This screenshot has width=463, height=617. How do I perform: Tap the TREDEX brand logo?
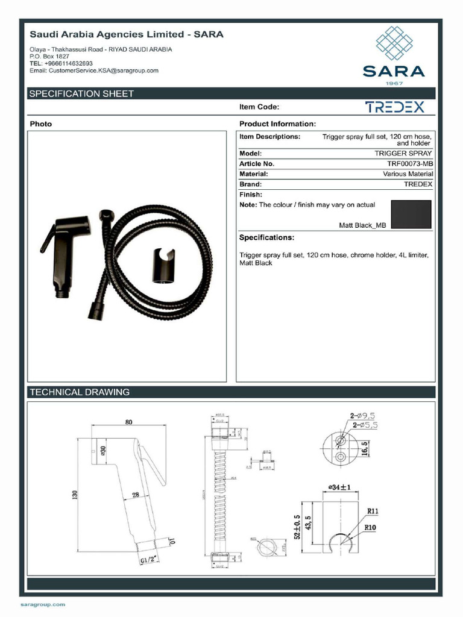(395, 107)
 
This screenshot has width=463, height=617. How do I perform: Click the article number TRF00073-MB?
(410, 163)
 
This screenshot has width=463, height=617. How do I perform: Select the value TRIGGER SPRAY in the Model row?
(403, 154)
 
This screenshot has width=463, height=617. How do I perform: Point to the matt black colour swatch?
(411, 214)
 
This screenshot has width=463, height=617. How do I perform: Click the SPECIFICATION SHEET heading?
(82, 94)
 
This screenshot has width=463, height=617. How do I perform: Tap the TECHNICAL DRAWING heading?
(80, 392)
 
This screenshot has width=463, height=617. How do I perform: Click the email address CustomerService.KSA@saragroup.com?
(94, 70)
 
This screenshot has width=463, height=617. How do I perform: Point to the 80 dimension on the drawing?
(129, 422)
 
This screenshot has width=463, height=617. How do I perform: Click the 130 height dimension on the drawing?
(75, 495)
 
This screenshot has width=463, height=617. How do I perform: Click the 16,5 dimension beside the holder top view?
(364, 448)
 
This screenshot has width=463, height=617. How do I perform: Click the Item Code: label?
(259, 107)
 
